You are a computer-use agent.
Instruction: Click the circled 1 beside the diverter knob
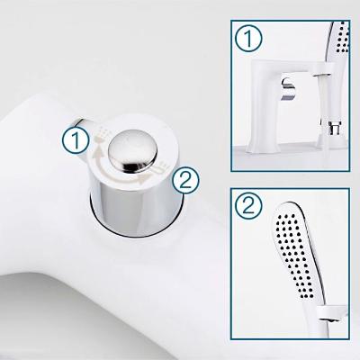(x=76, y=139)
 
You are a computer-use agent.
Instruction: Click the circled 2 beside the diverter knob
(x=185, y=180)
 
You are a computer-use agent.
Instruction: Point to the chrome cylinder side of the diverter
(x=137, y=207)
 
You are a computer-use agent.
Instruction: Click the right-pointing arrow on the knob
(x=126, y=177)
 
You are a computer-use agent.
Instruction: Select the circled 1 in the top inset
(x=248, y=38)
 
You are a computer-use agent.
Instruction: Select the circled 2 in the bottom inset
(x=248, y=206)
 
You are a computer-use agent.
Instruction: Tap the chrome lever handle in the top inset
(x=289, y=89)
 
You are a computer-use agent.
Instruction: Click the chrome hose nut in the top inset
(x=334, y=128)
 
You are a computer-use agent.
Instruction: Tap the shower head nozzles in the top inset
(x=343, y=40)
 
